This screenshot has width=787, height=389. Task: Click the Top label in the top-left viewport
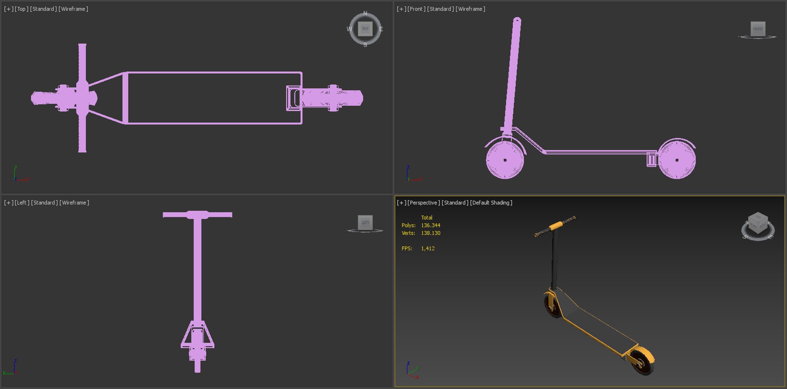click(21, 9)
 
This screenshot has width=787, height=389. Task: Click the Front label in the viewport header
click(416, 9)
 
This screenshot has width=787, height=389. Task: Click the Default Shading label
click(491, 203)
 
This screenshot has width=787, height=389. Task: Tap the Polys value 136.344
click(430, 225)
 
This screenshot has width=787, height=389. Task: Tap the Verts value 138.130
click(430, 233)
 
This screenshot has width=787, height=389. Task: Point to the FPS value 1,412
click(428, 249)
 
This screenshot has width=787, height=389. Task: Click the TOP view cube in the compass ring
click(365, 29)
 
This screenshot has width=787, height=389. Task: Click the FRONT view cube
click(758, 29)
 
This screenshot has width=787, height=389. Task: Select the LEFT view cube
click(365, 222)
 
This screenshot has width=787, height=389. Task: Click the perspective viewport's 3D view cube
click(757, 224)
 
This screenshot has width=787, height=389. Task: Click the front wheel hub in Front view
click(505, 160)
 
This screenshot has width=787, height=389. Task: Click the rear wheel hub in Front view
click(677, 160)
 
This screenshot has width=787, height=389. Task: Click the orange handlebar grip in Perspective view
click(557, 225)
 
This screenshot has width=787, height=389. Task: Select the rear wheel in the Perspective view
click(642, 361)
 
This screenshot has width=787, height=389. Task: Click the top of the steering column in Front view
click(517, 20)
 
